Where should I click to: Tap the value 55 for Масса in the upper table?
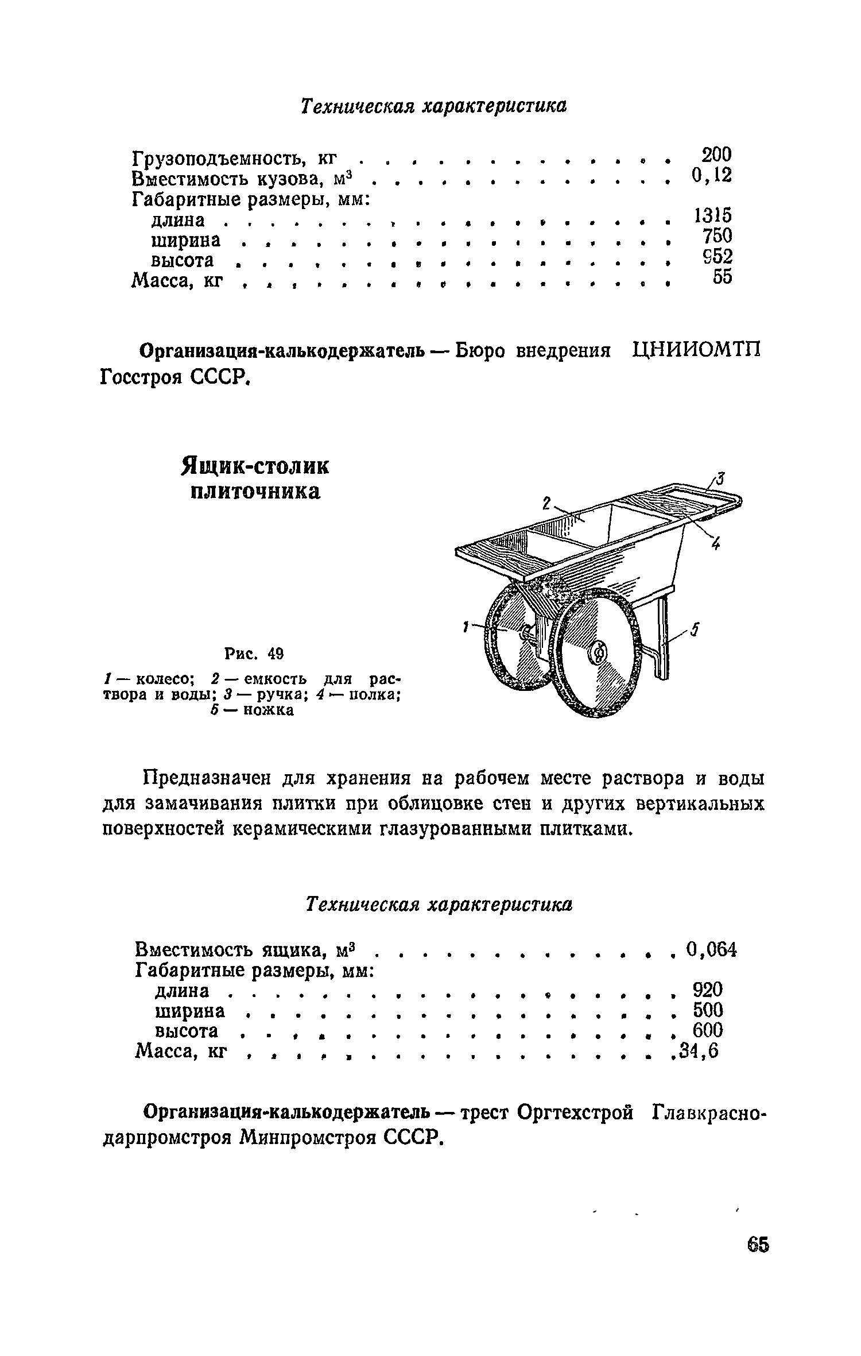tap(722, 277)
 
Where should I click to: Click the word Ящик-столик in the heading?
tap(255, 466)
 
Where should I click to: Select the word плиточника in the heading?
tap(255, 492)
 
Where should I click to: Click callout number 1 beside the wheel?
tap(466, 628)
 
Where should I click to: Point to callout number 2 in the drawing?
tap(546, 504)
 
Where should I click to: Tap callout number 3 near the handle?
tap(721, 477)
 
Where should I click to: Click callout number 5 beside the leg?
tap(695, 631)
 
